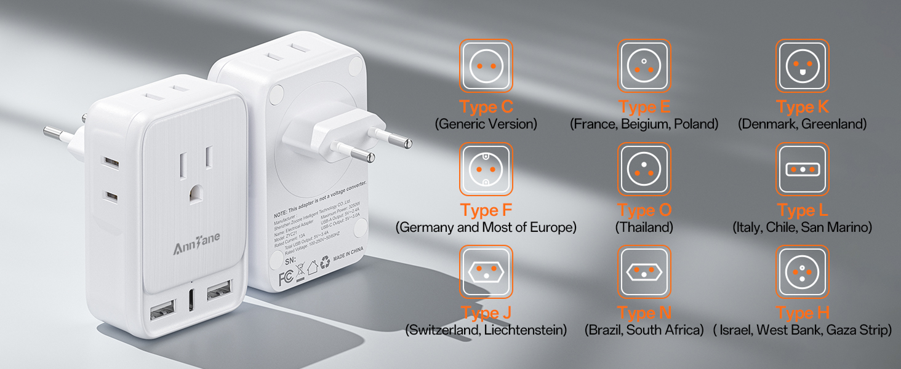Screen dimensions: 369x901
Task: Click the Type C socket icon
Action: click(x=486, y=66)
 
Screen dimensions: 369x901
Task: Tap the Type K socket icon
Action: click(x=802, y=66)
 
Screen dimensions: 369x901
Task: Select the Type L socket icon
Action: click(x=802, y=169)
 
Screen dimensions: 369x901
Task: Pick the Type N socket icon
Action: click(x=644, y=272)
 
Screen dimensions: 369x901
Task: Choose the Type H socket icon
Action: click(x=802, y=272)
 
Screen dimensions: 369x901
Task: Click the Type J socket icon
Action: click(x=486, y=272)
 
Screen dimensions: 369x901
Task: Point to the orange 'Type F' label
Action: click(x=486, y=210)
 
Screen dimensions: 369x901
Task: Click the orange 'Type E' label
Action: click(x=644, y=107)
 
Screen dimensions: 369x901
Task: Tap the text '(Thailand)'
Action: click(x=644, y=228)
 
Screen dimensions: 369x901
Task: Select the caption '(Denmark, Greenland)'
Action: click(x=802, y=124)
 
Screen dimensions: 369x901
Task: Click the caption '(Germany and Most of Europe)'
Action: click(x=486, y=228)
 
